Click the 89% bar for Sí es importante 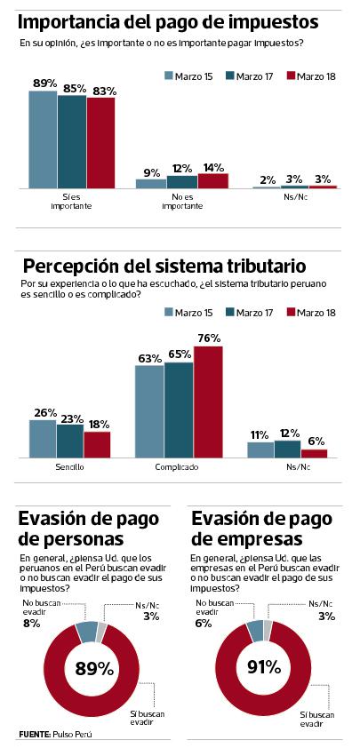(x=43, y=139)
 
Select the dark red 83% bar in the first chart (x=100, y=143)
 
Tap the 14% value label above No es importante (x=212, y=166)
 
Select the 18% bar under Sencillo (x=96, y=443)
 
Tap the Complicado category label (x=178, y=466)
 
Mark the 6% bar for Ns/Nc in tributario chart (x=314, y=452)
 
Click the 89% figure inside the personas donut (x=93, y=667)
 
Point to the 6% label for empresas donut (x=201, y=624)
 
